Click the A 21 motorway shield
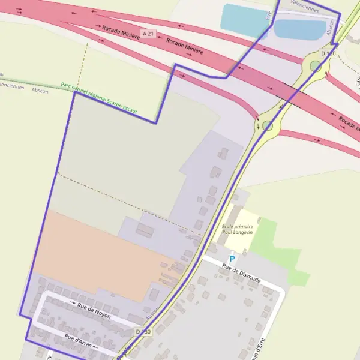tap(148, 32)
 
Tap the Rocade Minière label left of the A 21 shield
tap(121, 32)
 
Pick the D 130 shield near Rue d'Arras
tap(143, 331)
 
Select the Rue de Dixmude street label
tap(241, 272)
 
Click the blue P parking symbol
tap(232, 259)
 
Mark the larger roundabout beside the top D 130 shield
tap(316, 65)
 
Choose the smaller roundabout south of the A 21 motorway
tap(268, 125)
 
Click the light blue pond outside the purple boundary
tap(243, 18)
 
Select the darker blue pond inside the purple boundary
tap(300, 29)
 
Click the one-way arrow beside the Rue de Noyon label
tap(72, 302)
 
